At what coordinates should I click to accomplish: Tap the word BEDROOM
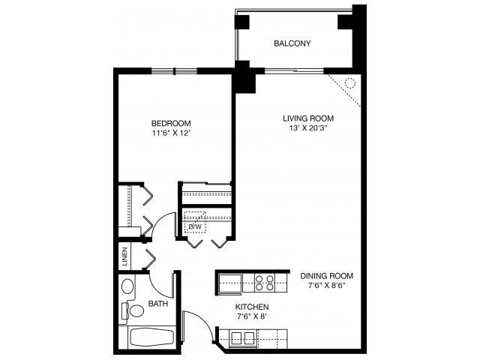click(171, 124)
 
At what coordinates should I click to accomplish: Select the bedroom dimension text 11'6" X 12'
click(171, 134)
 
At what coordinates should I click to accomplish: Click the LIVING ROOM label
click(308, 118)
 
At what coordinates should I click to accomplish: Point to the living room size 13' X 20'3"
click(308, 129)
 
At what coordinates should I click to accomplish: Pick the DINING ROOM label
click(326, 275)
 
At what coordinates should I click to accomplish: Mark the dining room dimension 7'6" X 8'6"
click(326, 286)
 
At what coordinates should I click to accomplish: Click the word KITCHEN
click(251, 307)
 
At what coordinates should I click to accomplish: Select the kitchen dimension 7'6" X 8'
click(251, 318)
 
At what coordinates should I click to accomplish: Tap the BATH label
click(157, 304)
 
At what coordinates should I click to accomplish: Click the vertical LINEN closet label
click(124, 257)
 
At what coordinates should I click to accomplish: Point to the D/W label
click(196, 226)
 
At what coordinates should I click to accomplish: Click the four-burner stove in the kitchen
click(265, 283)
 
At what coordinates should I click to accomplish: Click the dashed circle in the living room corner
click(349, 83)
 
